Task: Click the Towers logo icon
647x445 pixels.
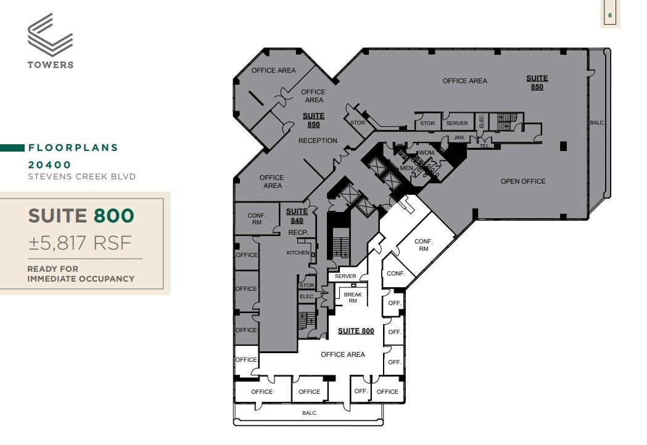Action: [50, 36]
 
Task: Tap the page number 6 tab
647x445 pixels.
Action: [610, 14]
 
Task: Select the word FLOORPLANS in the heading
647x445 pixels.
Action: [73, 148]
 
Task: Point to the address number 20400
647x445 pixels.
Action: [50, 165]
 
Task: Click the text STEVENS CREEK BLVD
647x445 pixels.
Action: [81, 176]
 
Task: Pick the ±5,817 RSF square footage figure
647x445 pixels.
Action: [80, 243]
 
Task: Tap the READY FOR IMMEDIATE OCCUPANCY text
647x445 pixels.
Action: [80, 274]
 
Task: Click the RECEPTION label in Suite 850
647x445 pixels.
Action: [318, 141]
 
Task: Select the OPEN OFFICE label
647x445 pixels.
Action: [523, 181]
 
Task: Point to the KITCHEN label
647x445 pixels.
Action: [298, 253]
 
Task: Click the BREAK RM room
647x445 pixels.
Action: [353, 298]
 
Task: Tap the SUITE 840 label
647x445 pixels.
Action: [297, 216]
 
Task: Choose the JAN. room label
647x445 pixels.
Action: [459, 137]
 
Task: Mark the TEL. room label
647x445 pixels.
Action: [484, 146]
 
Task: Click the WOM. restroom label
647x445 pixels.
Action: [427, 152]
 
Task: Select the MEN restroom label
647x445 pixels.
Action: [406, 168]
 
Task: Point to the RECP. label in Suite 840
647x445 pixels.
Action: [298, 232]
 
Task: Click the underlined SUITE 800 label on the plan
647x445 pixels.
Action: [356, 331]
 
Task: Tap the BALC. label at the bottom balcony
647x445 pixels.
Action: [310, 413]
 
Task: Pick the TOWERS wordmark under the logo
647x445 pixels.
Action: [50, 65]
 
